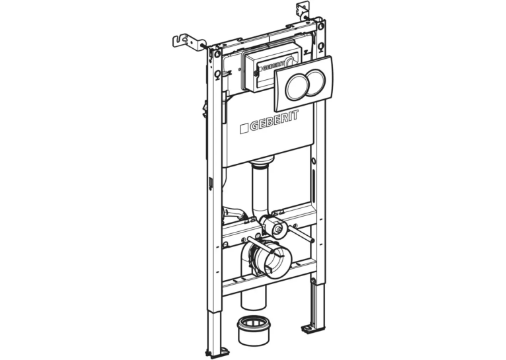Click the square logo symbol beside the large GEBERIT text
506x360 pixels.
244,129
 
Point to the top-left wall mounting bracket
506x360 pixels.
188,42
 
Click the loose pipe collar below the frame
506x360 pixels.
253,330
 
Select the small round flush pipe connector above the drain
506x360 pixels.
273,225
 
